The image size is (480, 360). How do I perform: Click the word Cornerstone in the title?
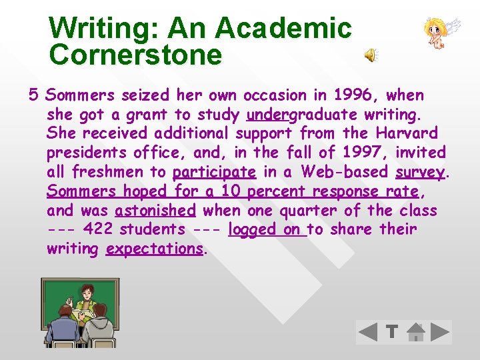(x=135, y=55)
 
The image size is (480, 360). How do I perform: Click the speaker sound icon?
(x=371, y=56)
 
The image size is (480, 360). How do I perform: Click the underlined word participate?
(x=214, y=172)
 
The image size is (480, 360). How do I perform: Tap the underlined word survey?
(x=419, y=172)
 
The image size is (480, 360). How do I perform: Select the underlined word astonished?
(x=155, y=211)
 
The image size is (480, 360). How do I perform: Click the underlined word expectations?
(x=154, y=249)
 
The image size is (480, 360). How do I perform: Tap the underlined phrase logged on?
(x=266, y=230)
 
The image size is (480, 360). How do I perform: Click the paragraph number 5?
(x=33, y=95)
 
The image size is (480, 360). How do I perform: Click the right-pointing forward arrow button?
(x=439, y=332)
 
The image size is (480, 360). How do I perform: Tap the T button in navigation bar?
(x=392, y=332)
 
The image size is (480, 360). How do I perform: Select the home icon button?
(x=415, y=332)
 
